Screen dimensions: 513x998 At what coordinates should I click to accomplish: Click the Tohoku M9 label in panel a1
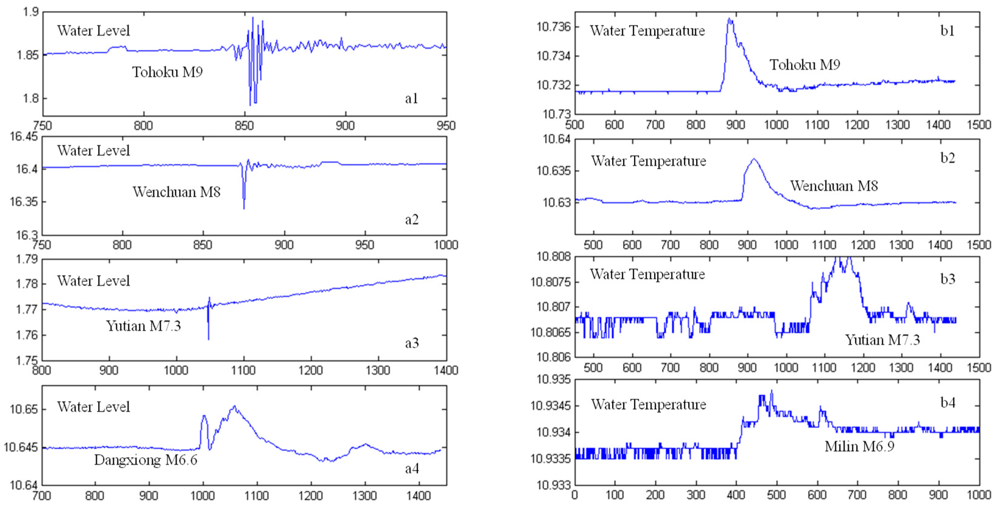167,72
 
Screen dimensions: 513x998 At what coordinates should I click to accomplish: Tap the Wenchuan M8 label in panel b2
834,186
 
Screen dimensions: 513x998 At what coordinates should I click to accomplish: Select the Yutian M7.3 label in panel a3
143,326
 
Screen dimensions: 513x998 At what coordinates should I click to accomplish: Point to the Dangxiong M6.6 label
146,460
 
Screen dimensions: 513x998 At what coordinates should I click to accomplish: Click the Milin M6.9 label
859,446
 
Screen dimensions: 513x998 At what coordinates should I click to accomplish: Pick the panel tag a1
411,99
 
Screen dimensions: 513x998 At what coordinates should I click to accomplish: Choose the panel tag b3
948,279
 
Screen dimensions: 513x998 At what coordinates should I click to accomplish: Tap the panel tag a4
412,469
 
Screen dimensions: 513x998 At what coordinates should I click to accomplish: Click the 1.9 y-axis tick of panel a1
30,12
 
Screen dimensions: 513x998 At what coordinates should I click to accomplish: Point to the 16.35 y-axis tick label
24,202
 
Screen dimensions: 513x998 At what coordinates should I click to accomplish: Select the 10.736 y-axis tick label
554,27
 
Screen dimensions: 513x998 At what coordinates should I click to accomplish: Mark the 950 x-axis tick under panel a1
446,125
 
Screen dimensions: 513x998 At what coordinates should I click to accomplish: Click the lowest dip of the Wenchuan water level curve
244,208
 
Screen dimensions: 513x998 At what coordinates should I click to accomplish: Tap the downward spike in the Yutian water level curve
208,339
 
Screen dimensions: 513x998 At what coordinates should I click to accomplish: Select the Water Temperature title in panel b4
649,405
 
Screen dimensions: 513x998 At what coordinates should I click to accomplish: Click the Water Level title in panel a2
93,151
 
